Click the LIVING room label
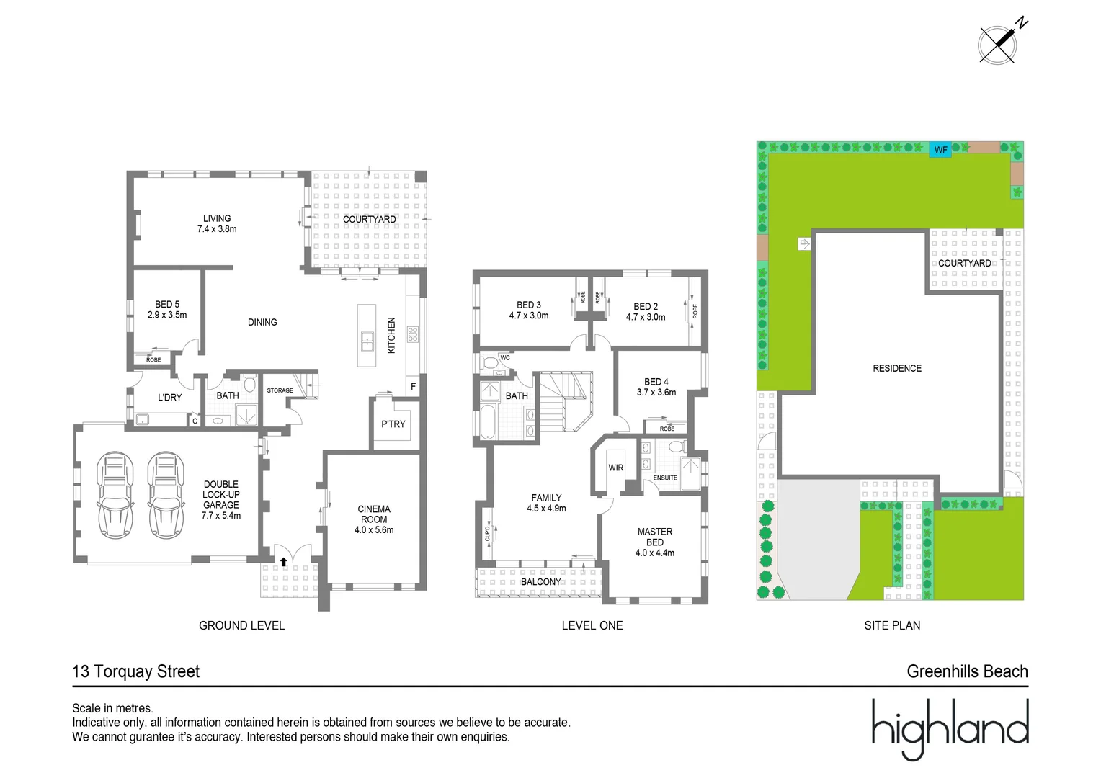[217, 223]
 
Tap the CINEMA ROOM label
[374, 519]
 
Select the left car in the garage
[115, 495]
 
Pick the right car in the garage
[166, 495]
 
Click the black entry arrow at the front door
[283, 562]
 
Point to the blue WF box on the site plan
[940, 150]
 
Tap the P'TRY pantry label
[393, 424]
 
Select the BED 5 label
[167, 310]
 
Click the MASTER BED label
[655, 542]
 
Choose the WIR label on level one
[616, 468]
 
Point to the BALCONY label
[540, 582]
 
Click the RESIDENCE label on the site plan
[897, 368]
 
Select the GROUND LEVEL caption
[241, 625]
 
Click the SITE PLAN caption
[892, 625]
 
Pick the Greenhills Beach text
[967, 671]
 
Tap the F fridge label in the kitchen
[414, 387]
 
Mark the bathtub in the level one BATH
[489, 422]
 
